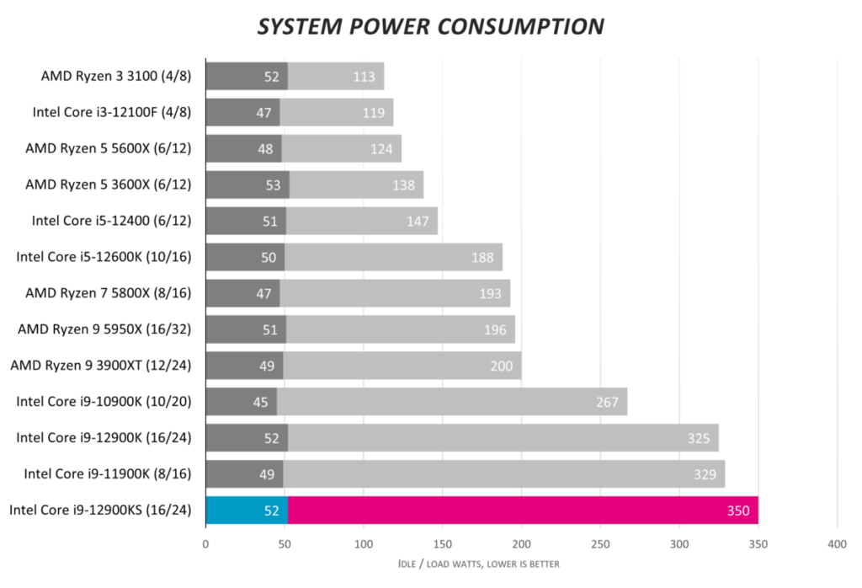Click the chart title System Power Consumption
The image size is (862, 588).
(x=430, y=27)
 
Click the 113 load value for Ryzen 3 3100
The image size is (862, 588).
(x=364, y=77)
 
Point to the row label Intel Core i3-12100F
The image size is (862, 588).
(x=112, y=112)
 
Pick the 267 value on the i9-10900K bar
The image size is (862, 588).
(x=607, y=402)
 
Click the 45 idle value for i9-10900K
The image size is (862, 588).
(x=260, y=402)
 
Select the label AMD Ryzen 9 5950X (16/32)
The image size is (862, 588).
(x=104, y=329)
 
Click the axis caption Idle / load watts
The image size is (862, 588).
(x=478, y=564)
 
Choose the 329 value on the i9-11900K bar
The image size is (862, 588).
(x=705, y=474)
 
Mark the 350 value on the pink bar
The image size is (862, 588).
(x=738, y=510)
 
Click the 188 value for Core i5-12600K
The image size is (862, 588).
(x=482, y=257)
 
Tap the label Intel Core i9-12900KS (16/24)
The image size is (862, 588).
(x=100, y=510)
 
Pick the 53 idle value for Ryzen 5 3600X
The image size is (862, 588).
(x=273, y=184)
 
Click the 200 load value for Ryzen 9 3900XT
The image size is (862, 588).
(x=501, y=366)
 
